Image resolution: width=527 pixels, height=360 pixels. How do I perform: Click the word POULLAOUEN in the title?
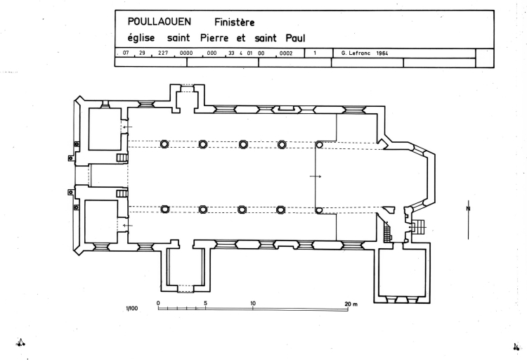click(154, 21)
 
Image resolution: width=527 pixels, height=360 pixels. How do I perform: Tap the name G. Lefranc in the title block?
click(356, 53)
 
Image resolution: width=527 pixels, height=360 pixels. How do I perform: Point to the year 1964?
click(382, 53)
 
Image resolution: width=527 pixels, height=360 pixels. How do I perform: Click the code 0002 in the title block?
click(286, 53)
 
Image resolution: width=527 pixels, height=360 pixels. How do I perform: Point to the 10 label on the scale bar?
click(253, 304)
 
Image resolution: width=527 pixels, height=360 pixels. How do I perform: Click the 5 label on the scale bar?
click(205, 304)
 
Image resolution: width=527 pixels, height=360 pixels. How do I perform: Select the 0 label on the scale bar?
click(158, 304)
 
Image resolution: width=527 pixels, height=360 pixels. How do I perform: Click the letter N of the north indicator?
click(468, 207)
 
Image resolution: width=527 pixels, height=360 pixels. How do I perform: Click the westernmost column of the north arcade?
click(164, 144)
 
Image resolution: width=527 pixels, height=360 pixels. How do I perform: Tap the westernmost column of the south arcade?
click(165, 209)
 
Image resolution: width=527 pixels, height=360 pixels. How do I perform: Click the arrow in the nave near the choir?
click(315, 176)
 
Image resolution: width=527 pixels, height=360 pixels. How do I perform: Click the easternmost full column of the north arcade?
click(282, 144)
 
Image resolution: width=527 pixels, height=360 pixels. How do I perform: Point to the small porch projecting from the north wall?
click(186, 98)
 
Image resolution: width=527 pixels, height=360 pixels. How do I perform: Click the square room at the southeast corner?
click(403, 273)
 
